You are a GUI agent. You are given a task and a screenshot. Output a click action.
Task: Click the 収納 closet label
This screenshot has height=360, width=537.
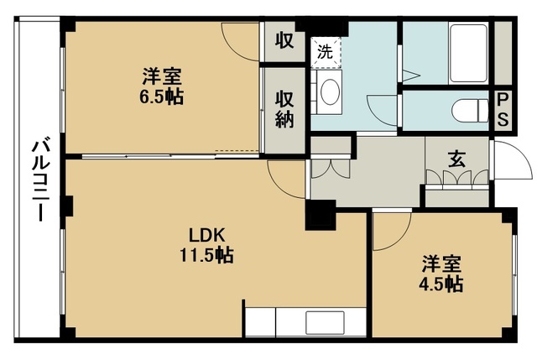tap(285, 108)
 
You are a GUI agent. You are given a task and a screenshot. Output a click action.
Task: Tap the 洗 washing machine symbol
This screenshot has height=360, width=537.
tap(326, 50)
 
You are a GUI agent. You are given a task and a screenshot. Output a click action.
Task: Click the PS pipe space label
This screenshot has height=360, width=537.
tap(503, 109)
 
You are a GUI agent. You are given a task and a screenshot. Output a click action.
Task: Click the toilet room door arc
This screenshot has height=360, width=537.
tap(383, 107)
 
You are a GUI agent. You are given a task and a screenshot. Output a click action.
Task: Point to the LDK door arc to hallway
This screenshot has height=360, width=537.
tap(285, 176)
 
